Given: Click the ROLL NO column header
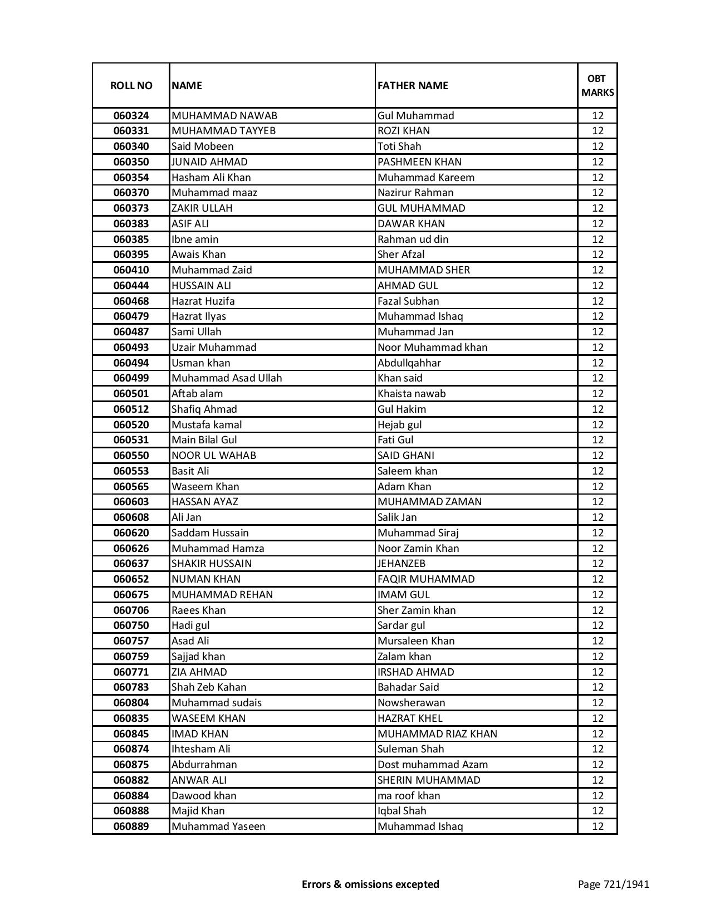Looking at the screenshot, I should [131, 85].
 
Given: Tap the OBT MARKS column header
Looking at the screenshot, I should [598, 85].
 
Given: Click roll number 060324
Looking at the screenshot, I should [131, 116].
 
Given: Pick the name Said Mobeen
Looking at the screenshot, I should [203, 146].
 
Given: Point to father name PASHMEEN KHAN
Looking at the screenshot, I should [419, 162].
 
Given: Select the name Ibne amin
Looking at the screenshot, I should [195, 239].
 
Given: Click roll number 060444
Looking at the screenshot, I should [131, 286].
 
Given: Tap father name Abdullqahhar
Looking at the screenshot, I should [409, 363].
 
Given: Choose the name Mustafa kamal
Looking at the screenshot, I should [207, 424].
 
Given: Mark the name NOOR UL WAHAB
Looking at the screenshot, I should [214, 456].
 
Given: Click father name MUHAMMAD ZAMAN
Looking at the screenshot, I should [429, 502].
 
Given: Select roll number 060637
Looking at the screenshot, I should [131, 564].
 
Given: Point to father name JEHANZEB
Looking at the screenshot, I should [401, 564].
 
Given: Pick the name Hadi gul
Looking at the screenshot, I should [190, 625].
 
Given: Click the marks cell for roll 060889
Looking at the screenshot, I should [598, 827].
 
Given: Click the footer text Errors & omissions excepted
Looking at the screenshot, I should [370, 884].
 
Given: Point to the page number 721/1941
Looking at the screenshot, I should [613, 884].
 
